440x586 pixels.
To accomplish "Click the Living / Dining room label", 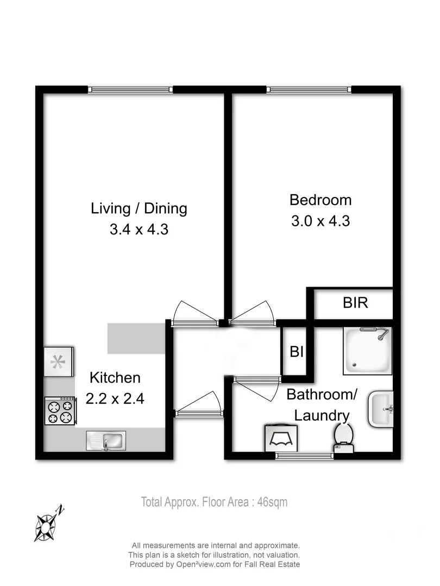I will pyautogui.click(x=139, y=208).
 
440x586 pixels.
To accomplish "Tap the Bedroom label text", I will pyautogui.click(x=320, y=200).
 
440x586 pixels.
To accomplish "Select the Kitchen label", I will pyautogui.click(x=115, y=378).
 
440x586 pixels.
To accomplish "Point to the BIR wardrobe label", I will pyautogui.click(x=355, y=303).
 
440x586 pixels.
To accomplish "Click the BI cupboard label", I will pyautogui.click(x=296, y=352).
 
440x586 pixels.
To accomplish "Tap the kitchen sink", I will pyautogui.click(x=106, y=440).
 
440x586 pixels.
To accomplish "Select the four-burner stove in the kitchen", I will pyautogui.click(x=60, y=411).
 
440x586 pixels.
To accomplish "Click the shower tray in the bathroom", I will pyautogui.click(x=368, y=351).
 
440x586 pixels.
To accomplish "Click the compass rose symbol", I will pyautogui.click(x=47, y=523).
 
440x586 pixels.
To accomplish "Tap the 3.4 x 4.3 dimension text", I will pyautogui.click(x=139, y=230).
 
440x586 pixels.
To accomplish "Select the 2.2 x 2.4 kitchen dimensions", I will pyautogui.click(x=115, y=399).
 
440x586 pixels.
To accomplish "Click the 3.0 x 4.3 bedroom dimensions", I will pyautogui.click(x=320, y=221).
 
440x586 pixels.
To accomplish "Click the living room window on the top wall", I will pyautogui.click(x=130, y=90).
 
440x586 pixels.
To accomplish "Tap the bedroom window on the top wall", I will pyautogui.click(x=309, y=90).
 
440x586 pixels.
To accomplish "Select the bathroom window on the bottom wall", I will pyautogui.click(x=304, y=456).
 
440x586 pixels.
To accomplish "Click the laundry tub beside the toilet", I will pyautogui.click(x=282, y=437).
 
